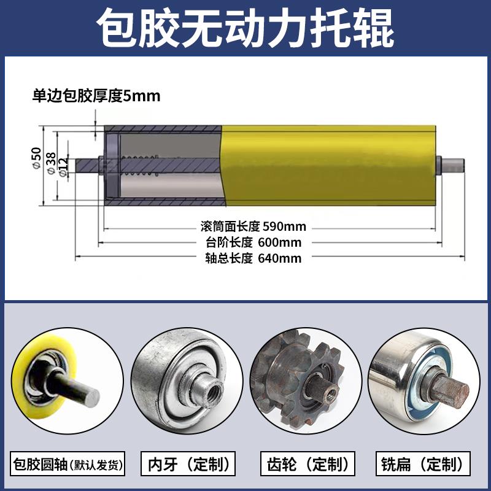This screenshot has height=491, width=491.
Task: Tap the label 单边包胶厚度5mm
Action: click(96, 96)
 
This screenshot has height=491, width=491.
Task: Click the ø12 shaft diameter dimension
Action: click(64, 166)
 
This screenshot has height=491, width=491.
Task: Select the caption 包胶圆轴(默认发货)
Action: click(68, 464)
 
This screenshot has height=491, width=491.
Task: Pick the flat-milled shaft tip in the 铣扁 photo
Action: click(455, 390)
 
